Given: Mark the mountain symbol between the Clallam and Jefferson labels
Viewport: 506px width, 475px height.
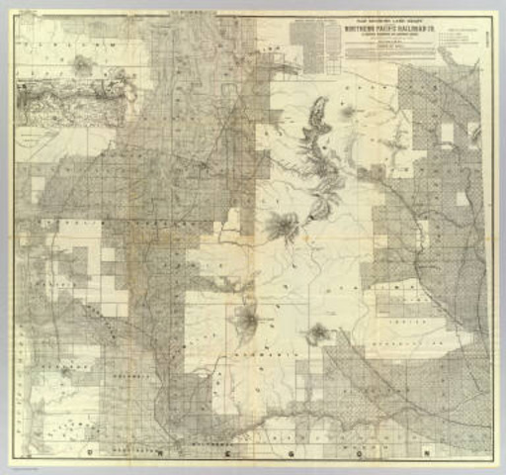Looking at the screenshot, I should [81, 66].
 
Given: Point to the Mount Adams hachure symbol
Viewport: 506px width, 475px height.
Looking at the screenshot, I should [318, 333].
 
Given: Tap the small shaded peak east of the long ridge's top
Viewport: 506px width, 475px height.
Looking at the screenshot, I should [348, 115].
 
